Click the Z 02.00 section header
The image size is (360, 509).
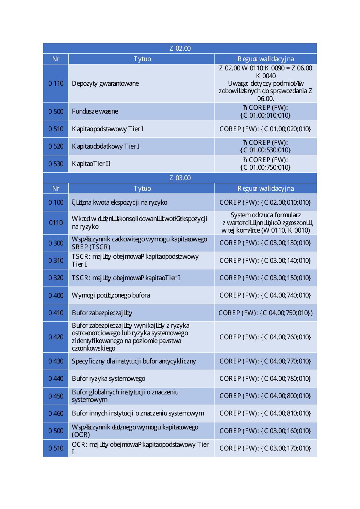click(180, 48)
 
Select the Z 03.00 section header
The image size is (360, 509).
click(180, 178)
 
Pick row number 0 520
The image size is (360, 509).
click(56, 146)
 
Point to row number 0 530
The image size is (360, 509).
click(56, 164)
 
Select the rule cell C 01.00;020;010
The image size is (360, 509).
click(265, 129)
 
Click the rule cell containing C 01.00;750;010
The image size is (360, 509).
click(265, 164)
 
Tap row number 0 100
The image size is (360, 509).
click(56, 202)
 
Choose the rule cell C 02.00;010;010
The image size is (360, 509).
click(265, 202)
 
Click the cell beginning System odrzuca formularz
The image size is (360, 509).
click(265, 223)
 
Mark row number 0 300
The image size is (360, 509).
click(56, 243)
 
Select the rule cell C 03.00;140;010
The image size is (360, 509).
click(265, 260)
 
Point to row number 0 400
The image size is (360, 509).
click(56, 295)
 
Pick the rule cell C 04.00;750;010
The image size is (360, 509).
click(265, 313)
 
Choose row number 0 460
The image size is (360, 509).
click(56, 413)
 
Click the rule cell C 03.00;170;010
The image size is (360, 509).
click(265, 448)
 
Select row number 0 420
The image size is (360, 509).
click(56, 337)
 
